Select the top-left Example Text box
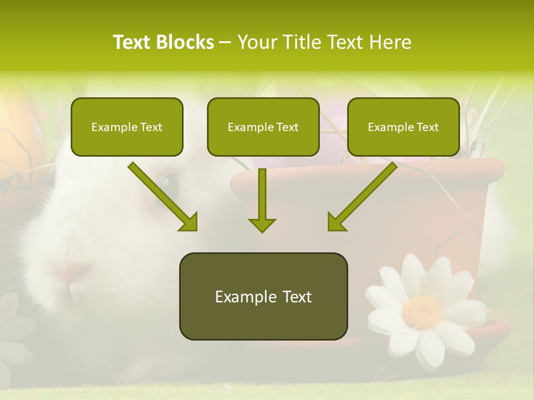(127, 127)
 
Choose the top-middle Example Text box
(263, 127)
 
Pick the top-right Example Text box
(403, 127)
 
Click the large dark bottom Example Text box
(263, 296)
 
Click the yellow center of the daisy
(423, 312)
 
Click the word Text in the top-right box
(427, 127)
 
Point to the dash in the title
(225, 42)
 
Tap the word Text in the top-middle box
(287, 127)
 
